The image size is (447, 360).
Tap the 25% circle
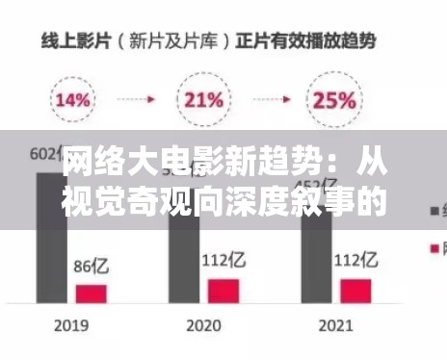point(332,98)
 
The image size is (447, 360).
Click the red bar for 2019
point(92,293)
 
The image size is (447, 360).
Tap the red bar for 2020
point(223,290)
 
